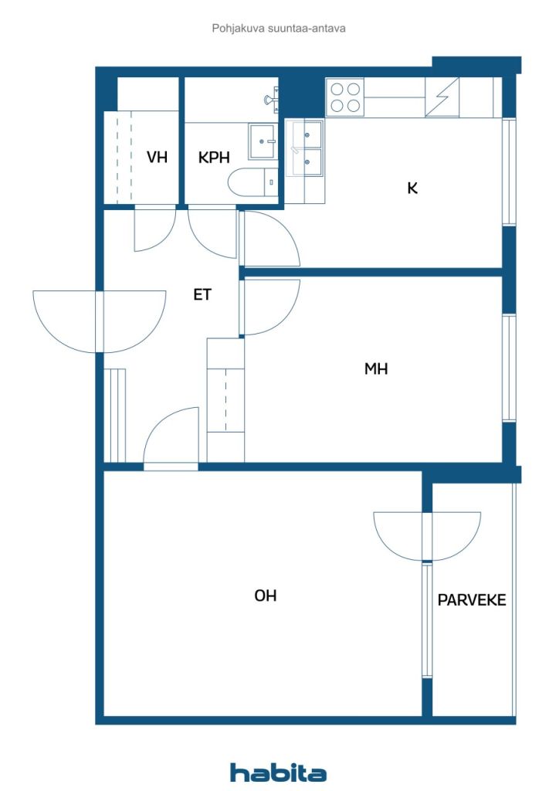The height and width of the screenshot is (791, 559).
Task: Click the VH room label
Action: click(158, 158)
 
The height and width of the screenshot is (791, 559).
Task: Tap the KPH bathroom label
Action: click(214, 158)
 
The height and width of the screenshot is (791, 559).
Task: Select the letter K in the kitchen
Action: click(412, 188)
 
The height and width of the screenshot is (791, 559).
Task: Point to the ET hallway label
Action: click(202, 294)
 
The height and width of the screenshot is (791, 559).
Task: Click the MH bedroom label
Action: click(376, 369)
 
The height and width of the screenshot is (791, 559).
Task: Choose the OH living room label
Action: click(266, 596)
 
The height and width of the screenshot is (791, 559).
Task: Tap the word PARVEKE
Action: click(472, 599)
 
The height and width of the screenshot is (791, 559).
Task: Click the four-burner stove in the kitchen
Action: click(345, 97)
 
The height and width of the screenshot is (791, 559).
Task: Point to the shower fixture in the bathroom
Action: click(272, 99)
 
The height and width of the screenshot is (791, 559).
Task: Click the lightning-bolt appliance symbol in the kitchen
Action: click(443, 97)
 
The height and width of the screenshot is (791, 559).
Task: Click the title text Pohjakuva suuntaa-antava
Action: click(279, 29)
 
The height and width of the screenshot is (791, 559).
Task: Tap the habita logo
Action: click(279, 772)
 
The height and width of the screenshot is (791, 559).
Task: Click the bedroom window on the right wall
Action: click(509, 368)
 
